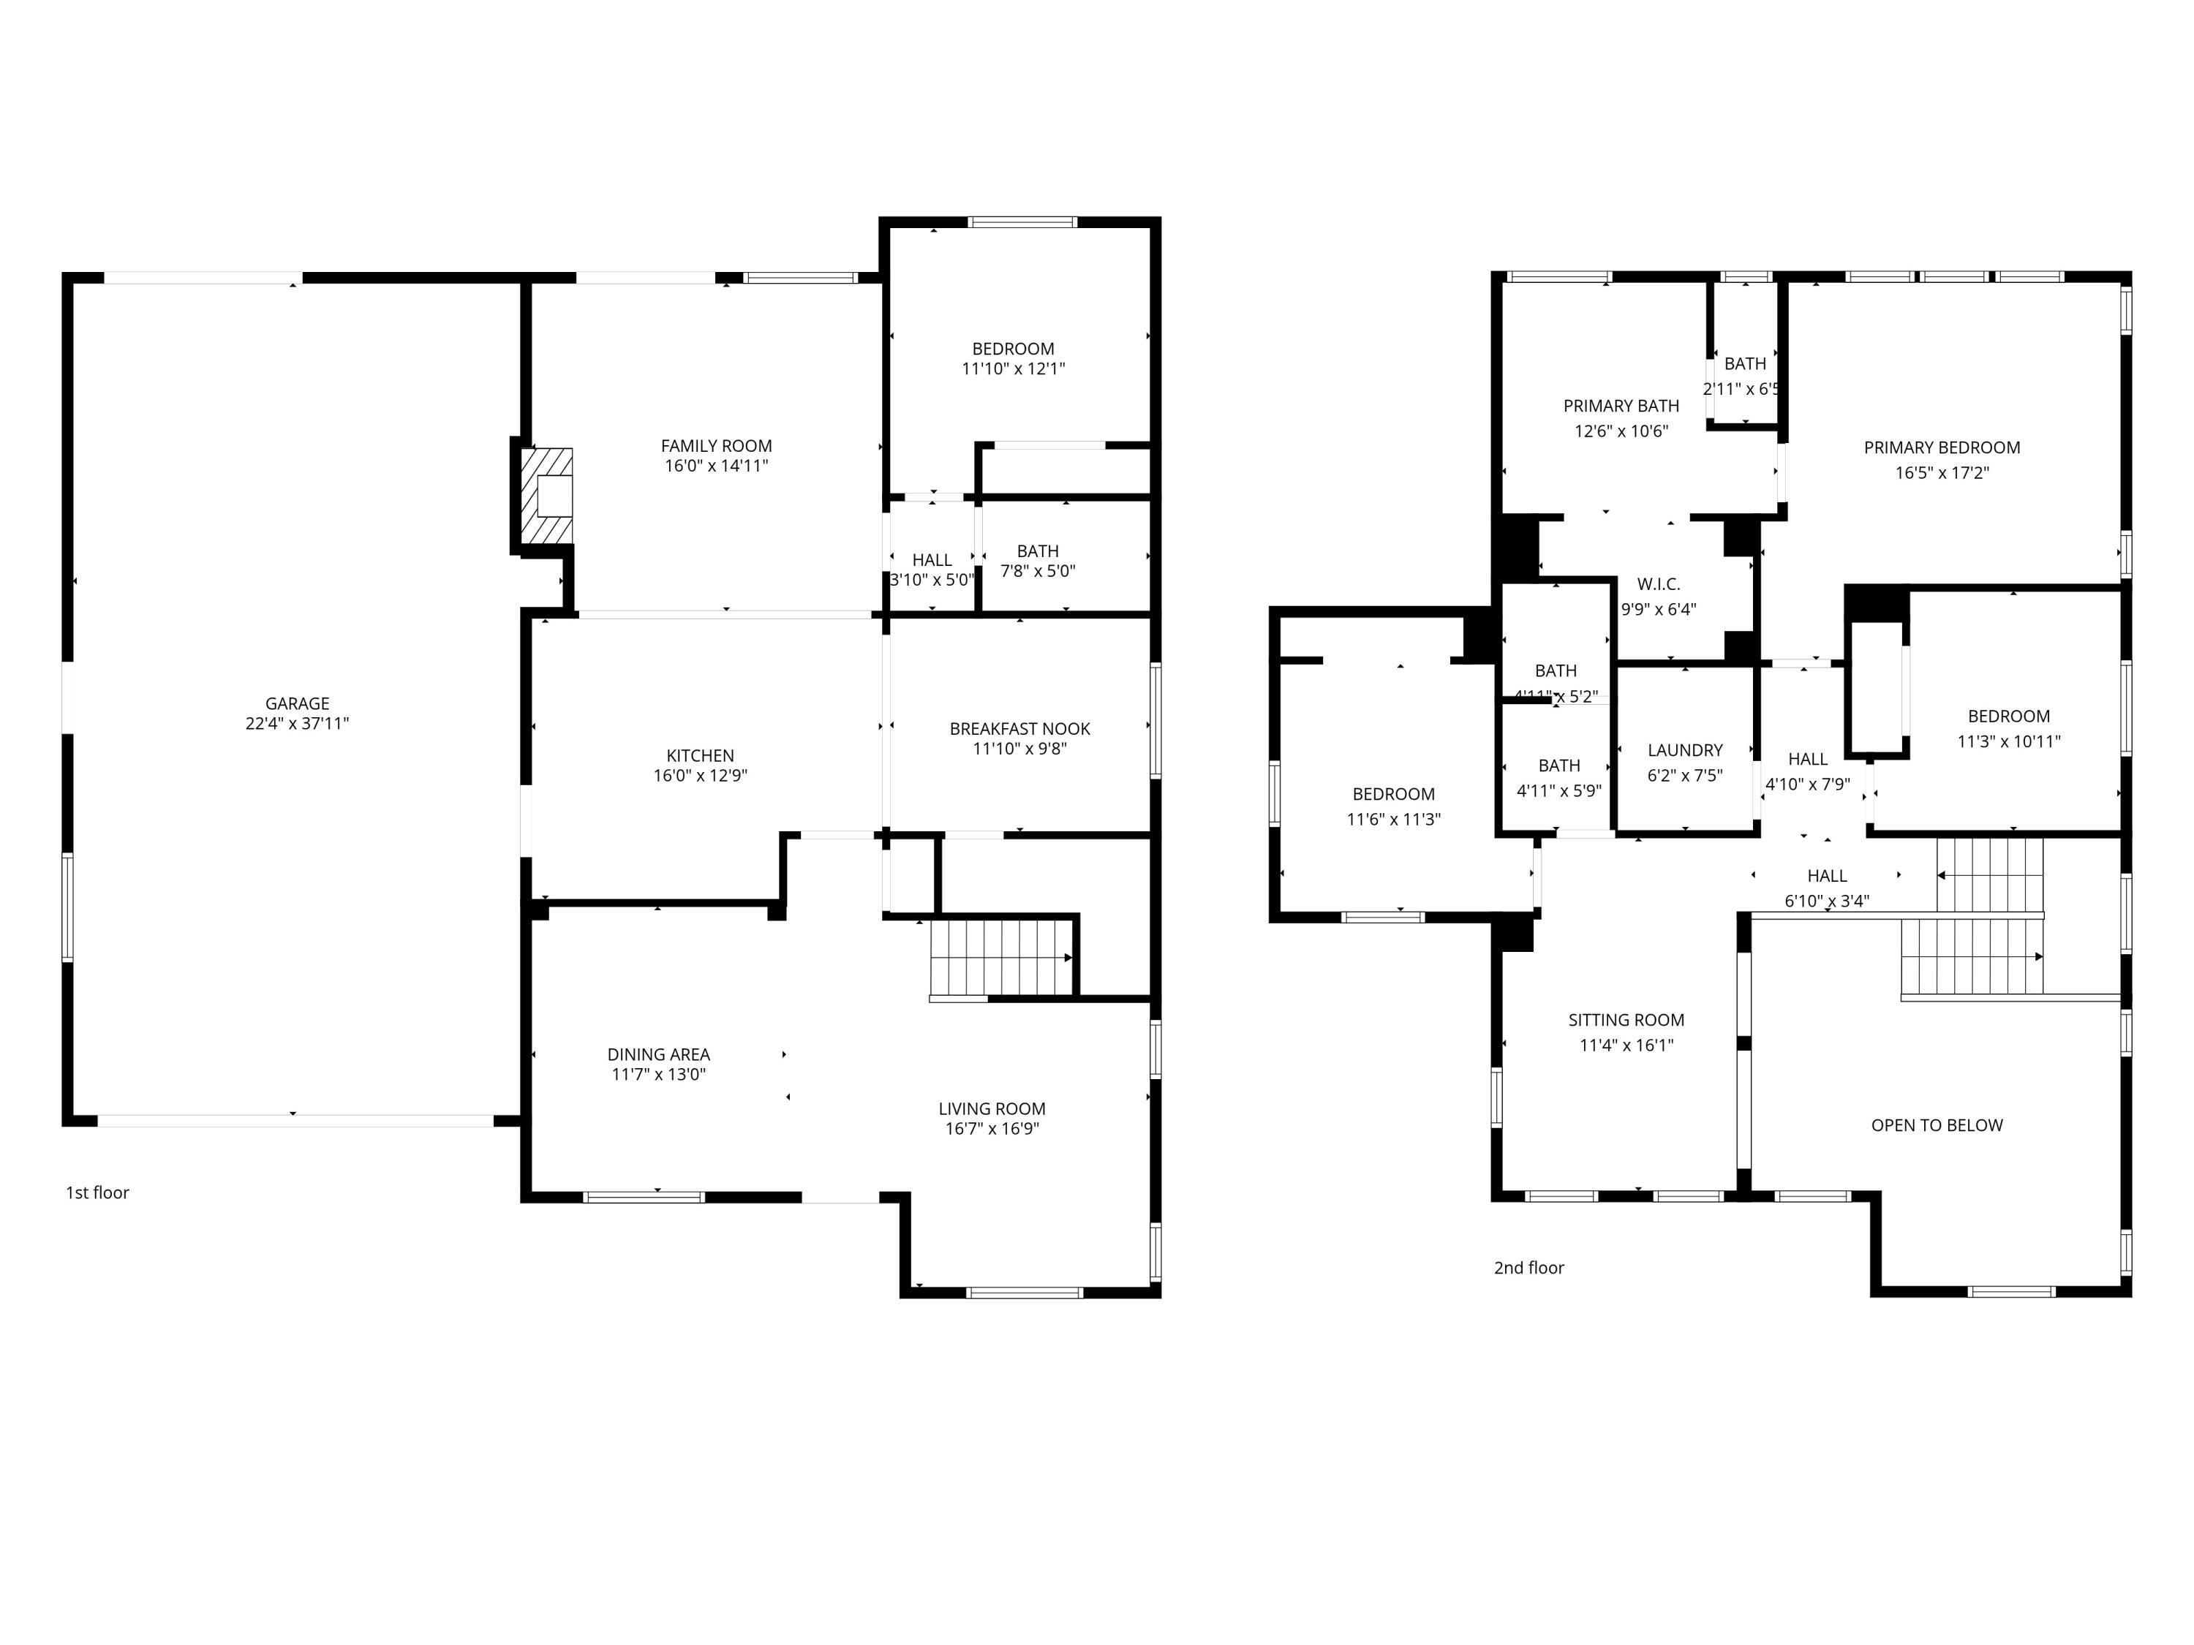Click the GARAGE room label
point(297,704)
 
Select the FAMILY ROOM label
point(716,446)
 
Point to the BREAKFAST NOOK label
point(1019,729)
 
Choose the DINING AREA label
point(659,1054)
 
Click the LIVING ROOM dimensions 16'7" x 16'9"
point(992,1128)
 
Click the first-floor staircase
point(1002,958)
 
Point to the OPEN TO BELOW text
point(1936,1125)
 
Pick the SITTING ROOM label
point(1626,1019)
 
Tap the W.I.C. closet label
point(1659,584)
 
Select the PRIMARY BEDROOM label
point(1941,447)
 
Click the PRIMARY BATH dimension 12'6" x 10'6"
point(1621,431)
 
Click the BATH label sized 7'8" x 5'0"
point(1038,551)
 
